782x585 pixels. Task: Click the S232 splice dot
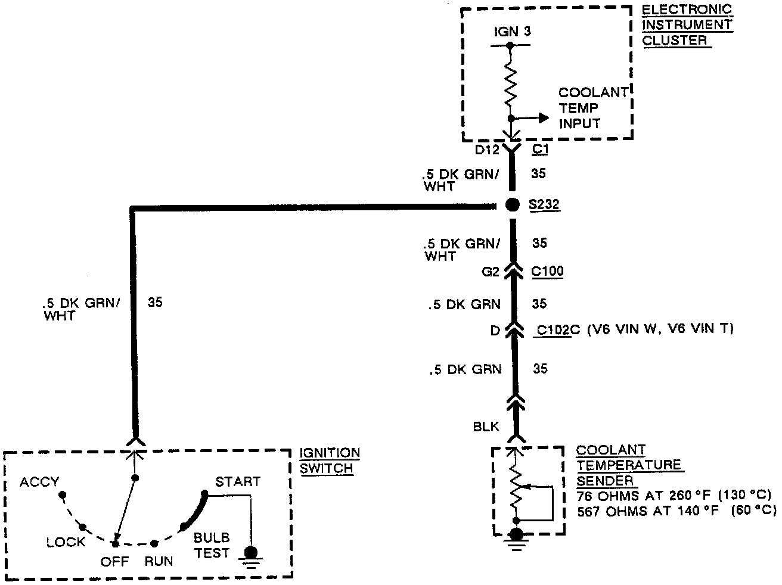click(x=511, y=205)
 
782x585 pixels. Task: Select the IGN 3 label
click(x=511, y=32)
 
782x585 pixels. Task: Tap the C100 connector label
click(x=547, y=272)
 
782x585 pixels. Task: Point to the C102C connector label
click(x=554, y=329)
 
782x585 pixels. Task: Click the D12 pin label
click(x=487, y=150)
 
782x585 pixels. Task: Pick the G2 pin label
click(x=490, y=272)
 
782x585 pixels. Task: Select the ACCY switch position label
click(x=39, y=481)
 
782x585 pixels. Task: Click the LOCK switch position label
click(x=66, y=542)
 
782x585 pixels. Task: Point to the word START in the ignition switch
click(x=237, y=481)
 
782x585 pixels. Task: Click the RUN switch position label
click(x=159, y=561)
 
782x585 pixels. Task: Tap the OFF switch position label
click(x=114, y=561)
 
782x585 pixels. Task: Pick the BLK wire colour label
click(x=486, y=427)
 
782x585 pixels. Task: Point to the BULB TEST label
click(x=212, y=545)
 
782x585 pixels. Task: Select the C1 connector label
click(x=539, y=150)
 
